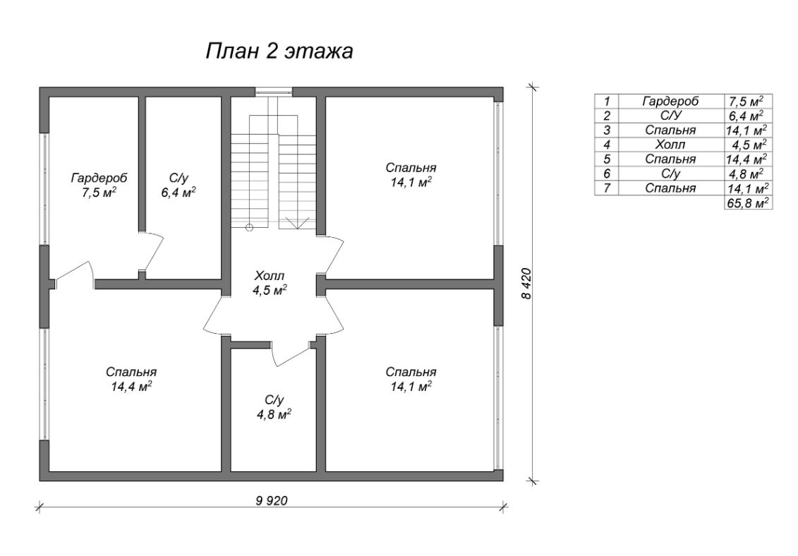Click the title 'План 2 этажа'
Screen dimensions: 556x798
[279, 52]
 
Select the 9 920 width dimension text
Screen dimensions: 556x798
[271, 500]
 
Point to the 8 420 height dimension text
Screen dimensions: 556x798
[526, 284]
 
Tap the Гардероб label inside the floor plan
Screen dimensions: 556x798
[94, 176]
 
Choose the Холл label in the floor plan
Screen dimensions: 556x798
[270, 275]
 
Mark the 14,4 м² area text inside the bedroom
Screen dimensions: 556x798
[131, 386]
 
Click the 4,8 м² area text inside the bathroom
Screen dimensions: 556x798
[274, 414]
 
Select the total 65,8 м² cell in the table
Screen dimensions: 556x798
[746, 203]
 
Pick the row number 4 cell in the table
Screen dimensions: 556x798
[606, 145]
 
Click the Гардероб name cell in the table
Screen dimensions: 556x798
[670, 101]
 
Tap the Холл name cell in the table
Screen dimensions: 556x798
[670, 145]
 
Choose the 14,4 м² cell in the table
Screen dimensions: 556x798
[746, 159]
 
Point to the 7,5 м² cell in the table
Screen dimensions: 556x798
[746, 101]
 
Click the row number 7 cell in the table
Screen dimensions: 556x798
[606, 188]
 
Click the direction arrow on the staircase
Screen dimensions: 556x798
[298, 222]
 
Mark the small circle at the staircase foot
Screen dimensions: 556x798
[249, 227]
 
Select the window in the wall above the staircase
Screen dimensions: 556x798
[273, 91]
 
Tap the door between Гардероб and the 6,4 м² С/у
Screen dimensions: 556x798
[153, 250]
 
